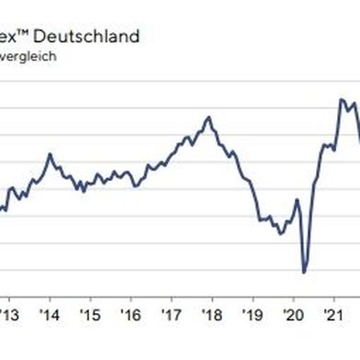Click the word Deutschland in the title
pos(91,37)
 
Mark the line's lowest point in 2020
pos(303,273)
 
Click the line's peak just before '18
pos(208,118)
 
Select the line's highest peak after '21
pos(341,99)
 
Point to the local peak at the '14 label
pos(49,153)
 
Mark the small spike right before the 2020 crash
pos(297,199)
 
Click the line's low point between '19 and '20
pos(280,233)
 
